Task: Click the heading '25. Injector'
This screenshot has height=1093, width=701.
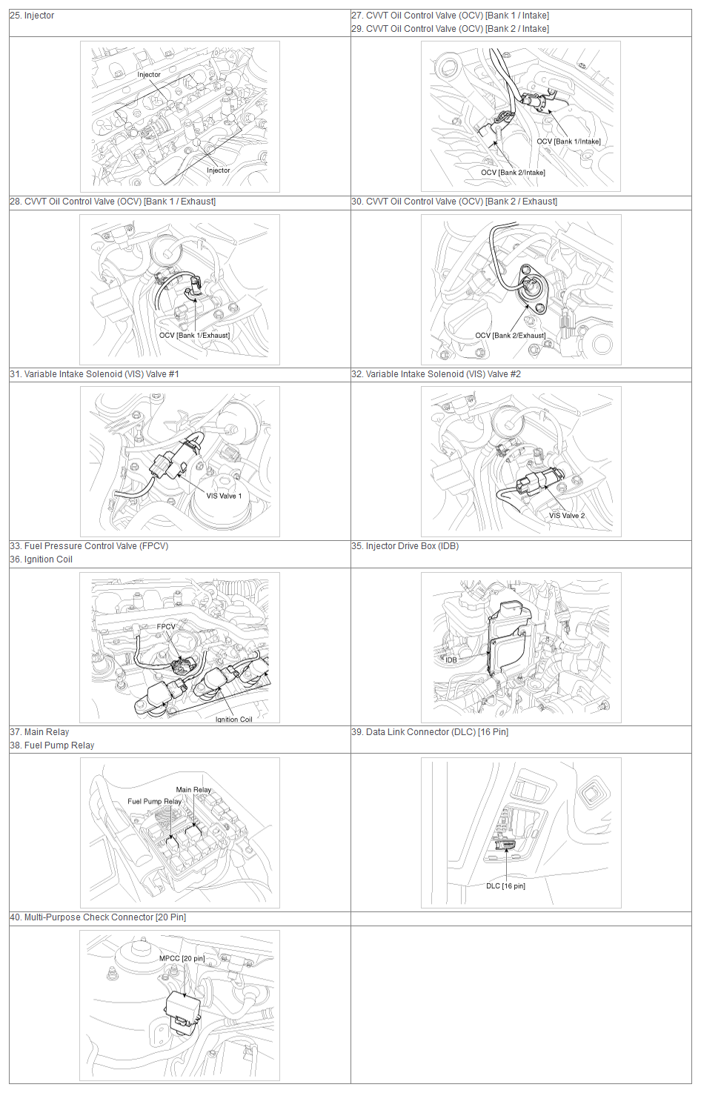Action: coord(32,16)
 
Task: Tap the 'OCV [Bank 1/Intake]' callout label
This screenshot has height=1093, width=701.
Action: coord(568,142)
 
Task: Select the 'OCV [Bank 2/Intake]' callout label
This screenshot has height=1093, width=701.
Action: coord(514,172)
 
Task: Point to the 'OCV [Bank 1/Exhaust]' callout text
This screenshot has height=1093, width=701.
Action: coord(194,335)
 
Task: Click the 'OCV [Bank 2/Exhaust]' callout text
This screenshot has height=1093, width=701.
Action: coord(511,335)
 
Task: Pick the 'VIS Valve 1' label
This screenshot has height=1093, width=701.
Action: coord(224,496)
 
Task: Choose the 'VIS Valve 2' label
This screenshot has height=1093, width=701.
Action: coord(567,515)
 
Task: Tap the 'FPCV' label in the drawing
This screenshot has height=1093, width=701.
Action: coord(166,626)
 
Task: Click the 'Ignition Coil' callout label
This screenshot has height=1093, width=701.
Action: coord(234,720)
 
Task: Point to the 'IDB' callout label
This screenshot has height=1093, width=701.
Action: coord(451,660)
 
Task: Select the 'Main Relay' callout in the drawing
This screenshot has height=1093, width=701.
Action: coord(193,789)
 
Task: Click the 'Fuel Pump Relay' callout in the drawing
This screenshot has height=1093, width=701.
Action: coord(155,801)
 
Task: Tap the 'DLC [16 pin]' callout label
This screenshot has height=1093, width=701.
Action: coord(505,886)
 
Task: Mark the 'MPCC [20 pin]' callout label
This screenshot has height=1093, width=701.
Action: coord(182,958)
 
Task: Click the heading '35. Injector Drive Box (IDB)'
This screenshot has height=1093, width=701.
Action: coord(405,546)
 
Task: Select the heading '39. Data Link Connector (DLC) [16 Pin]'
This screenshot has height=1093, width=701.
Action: coord(430,732)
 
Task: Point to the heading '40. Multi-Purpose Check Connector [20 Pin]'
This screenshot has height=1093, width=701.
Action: coord(98,917)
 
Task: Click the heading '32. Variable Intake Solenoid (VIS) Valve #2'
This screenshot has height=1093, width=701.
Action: coord(436,374)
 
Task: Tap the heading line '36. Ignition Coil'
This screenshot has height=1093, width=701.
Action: coord(41,559)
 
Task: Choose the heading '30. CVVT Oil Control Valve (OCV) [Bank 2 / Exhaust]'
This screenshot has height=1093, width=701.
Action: coord(454,202)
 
